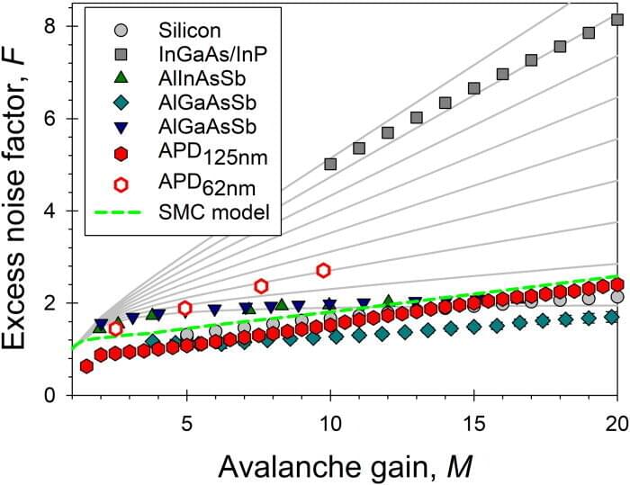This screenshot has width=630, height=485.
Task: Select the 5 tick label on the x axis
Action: (186, 420)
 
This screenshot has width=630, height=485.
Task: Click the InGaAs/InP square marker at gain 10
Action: (330, 164)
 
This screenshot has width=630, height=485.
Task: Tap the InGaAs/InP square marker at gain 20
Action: (617, 19)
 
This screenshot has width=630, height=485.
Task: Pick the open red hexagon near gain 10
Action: (324, 270)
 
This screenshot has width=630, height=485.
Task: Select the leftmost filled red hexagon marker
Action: (86, 366)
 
